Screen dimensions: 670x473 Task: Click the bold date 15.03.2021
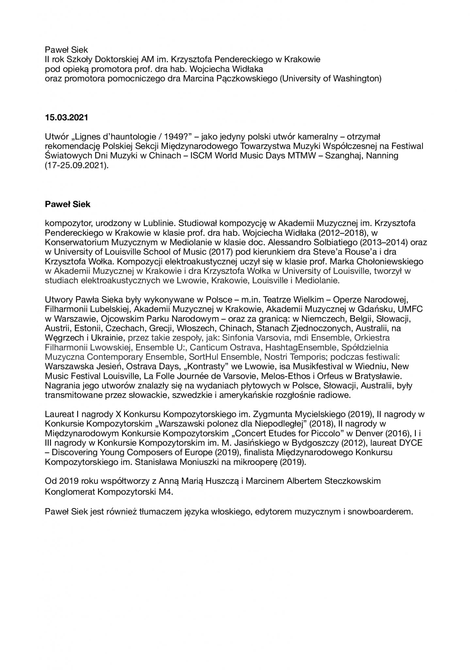66,117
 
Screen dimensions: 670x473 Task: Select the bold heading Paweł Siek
68,204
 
